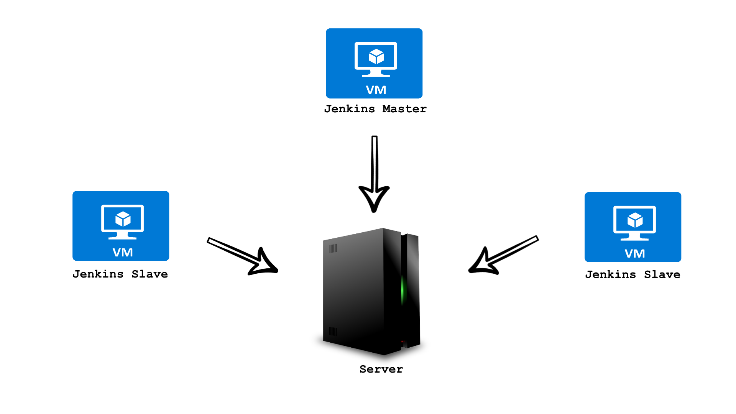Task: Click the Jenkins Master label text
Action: click(375, 109)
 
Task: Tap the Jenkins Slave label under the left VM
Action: click(120, 274)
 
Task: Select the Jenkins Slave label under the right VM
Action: click(632, 274)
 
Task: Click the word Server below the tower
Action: click(381, 369)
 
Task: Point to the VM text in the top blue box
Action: click(376, 90)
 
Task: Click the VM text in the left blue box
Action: click(123, 253)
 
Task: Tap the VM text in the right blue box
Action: click(635, 254)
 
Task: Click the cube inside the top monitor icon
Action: click(376, 57)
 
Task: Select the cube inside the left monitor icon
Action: click(123, 219)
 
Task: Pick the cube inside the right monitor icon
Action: click(635, 220)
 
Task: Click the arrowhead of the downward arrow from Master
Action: click(374, 197)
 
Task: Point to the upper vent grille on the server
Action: click(333, 248)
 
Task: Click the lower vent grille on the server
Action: click(333, 331)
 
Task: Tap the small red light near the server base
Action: click(402, 341)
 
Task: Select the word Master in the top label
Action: click(404, 109)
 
